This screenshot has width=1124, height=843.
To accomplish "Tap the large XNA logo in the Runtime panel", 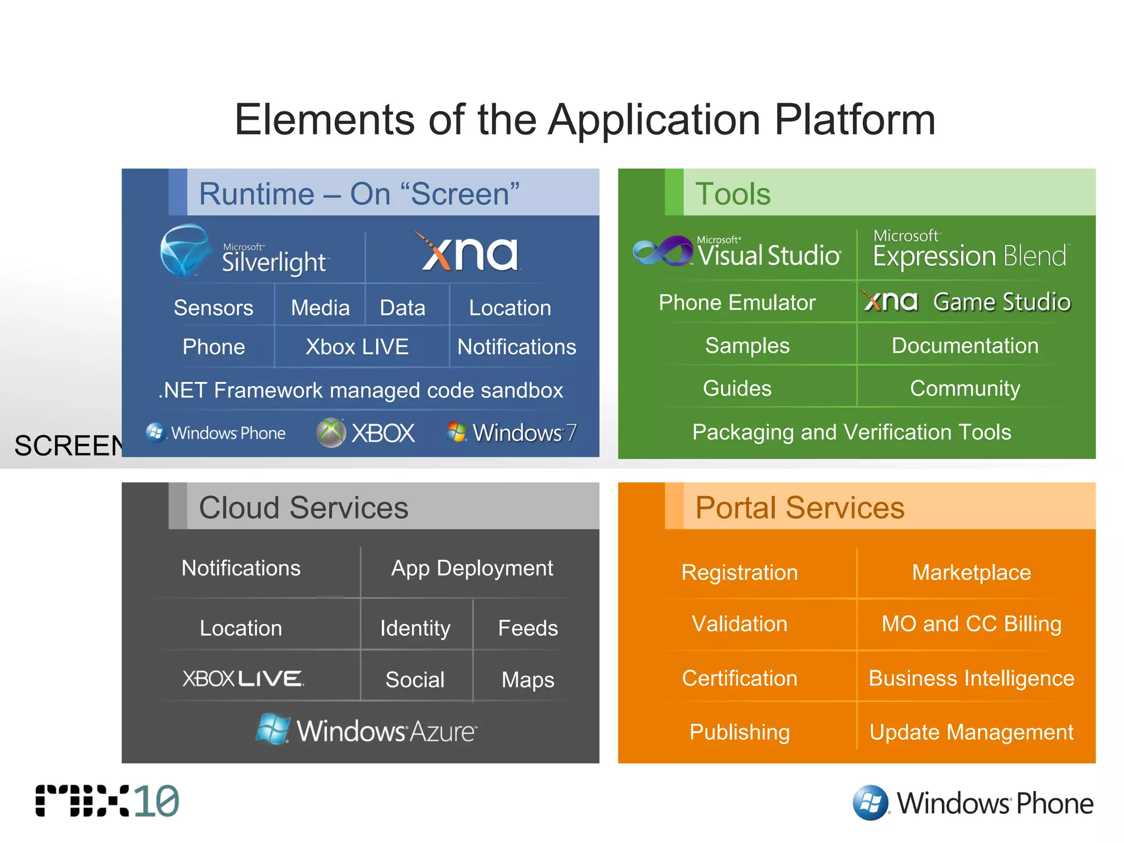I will [x=470, y=253].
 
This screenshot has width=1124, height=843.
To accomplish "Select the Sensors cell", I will [x=213, y=308].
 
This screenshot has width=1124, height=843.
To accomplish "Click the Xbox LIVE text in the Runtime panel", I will [x=357, y=347].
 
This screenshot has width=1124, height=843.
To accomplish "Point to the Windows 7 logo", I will [x=511, y=432].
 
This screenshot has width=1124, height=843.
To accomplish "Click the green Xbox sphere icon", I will [x=331, y=432].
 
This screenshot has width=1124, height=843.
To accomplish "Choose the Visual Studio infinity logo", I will [x=663, y=252].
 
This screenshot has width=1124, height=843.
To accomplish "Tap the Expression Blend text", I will [x=969, y=256].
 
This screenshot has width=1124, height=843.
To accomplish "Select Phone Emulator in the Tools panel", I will [x=737, y=302].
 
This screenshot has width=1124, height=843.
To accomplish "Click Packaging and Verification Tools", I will [x=851, y=432].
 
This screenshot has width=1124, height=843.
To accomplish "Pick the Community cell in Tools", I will [x=965, y=389].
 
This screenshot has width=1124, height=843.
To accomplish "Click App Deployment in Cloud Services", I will [x=472, y=568].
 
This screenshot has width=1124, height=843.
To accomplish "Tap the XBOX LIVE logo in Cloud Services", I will [x=243, y=679].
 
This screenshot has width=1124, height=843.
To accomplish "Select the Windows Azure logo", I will [x=366, y=730].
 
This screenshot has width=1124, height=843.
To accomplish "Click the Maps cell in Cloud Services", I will [x=527, y=680].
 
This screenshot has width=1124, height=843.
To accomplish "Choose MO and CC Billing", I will [x=971, y=624].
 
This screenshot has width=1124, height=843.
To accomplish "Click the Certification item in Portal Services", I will [x=739, y=678].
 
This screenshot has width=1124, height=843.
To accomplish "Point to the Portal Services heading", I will [x=800, y=508].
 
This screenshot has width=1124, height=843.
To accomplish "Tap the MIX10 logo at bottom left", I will [x=108, y=801].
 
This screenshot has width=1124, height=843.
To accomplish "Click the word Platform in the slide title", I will [x=854, y=120].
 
